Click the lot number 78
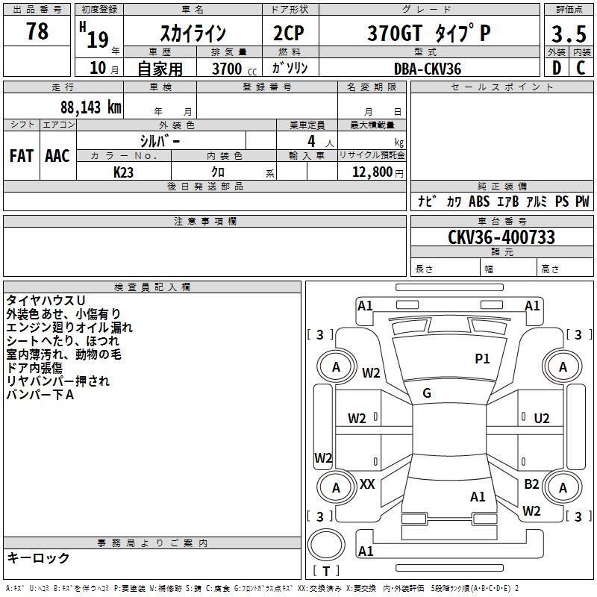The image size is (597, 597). [37, 31]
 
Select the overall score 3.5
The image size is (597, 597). [568, 34]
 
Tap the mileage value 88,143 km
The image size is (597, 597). [91, 107]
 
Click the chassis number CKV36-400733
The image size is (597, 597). [501, 238]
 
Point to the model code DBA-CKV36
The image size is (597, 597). [428, 69]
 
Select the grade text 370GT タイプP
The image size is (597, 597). [428, 34]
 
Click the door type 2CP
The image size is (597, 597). [289, 34]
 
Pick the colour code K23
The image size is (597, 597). [124, 172]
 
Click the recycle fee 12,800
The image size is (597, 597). [371, 172]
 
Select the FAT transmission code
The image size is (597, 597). [21, 156]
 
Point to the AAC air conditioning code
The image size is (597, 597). [57, 156]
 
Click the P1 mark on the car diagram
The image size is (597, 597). [482, 359]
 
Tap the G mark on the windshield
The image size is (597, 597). [427, 393]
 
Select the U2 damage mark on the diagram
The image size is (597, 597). [542, 418]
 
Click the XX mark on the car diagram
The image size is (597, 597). [367, 484]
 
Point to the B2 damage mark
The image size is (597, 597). [531, 484]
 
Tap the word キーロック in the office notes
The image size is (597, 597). [39, 558]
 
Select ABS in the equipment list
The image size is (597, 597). [478, 201]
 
